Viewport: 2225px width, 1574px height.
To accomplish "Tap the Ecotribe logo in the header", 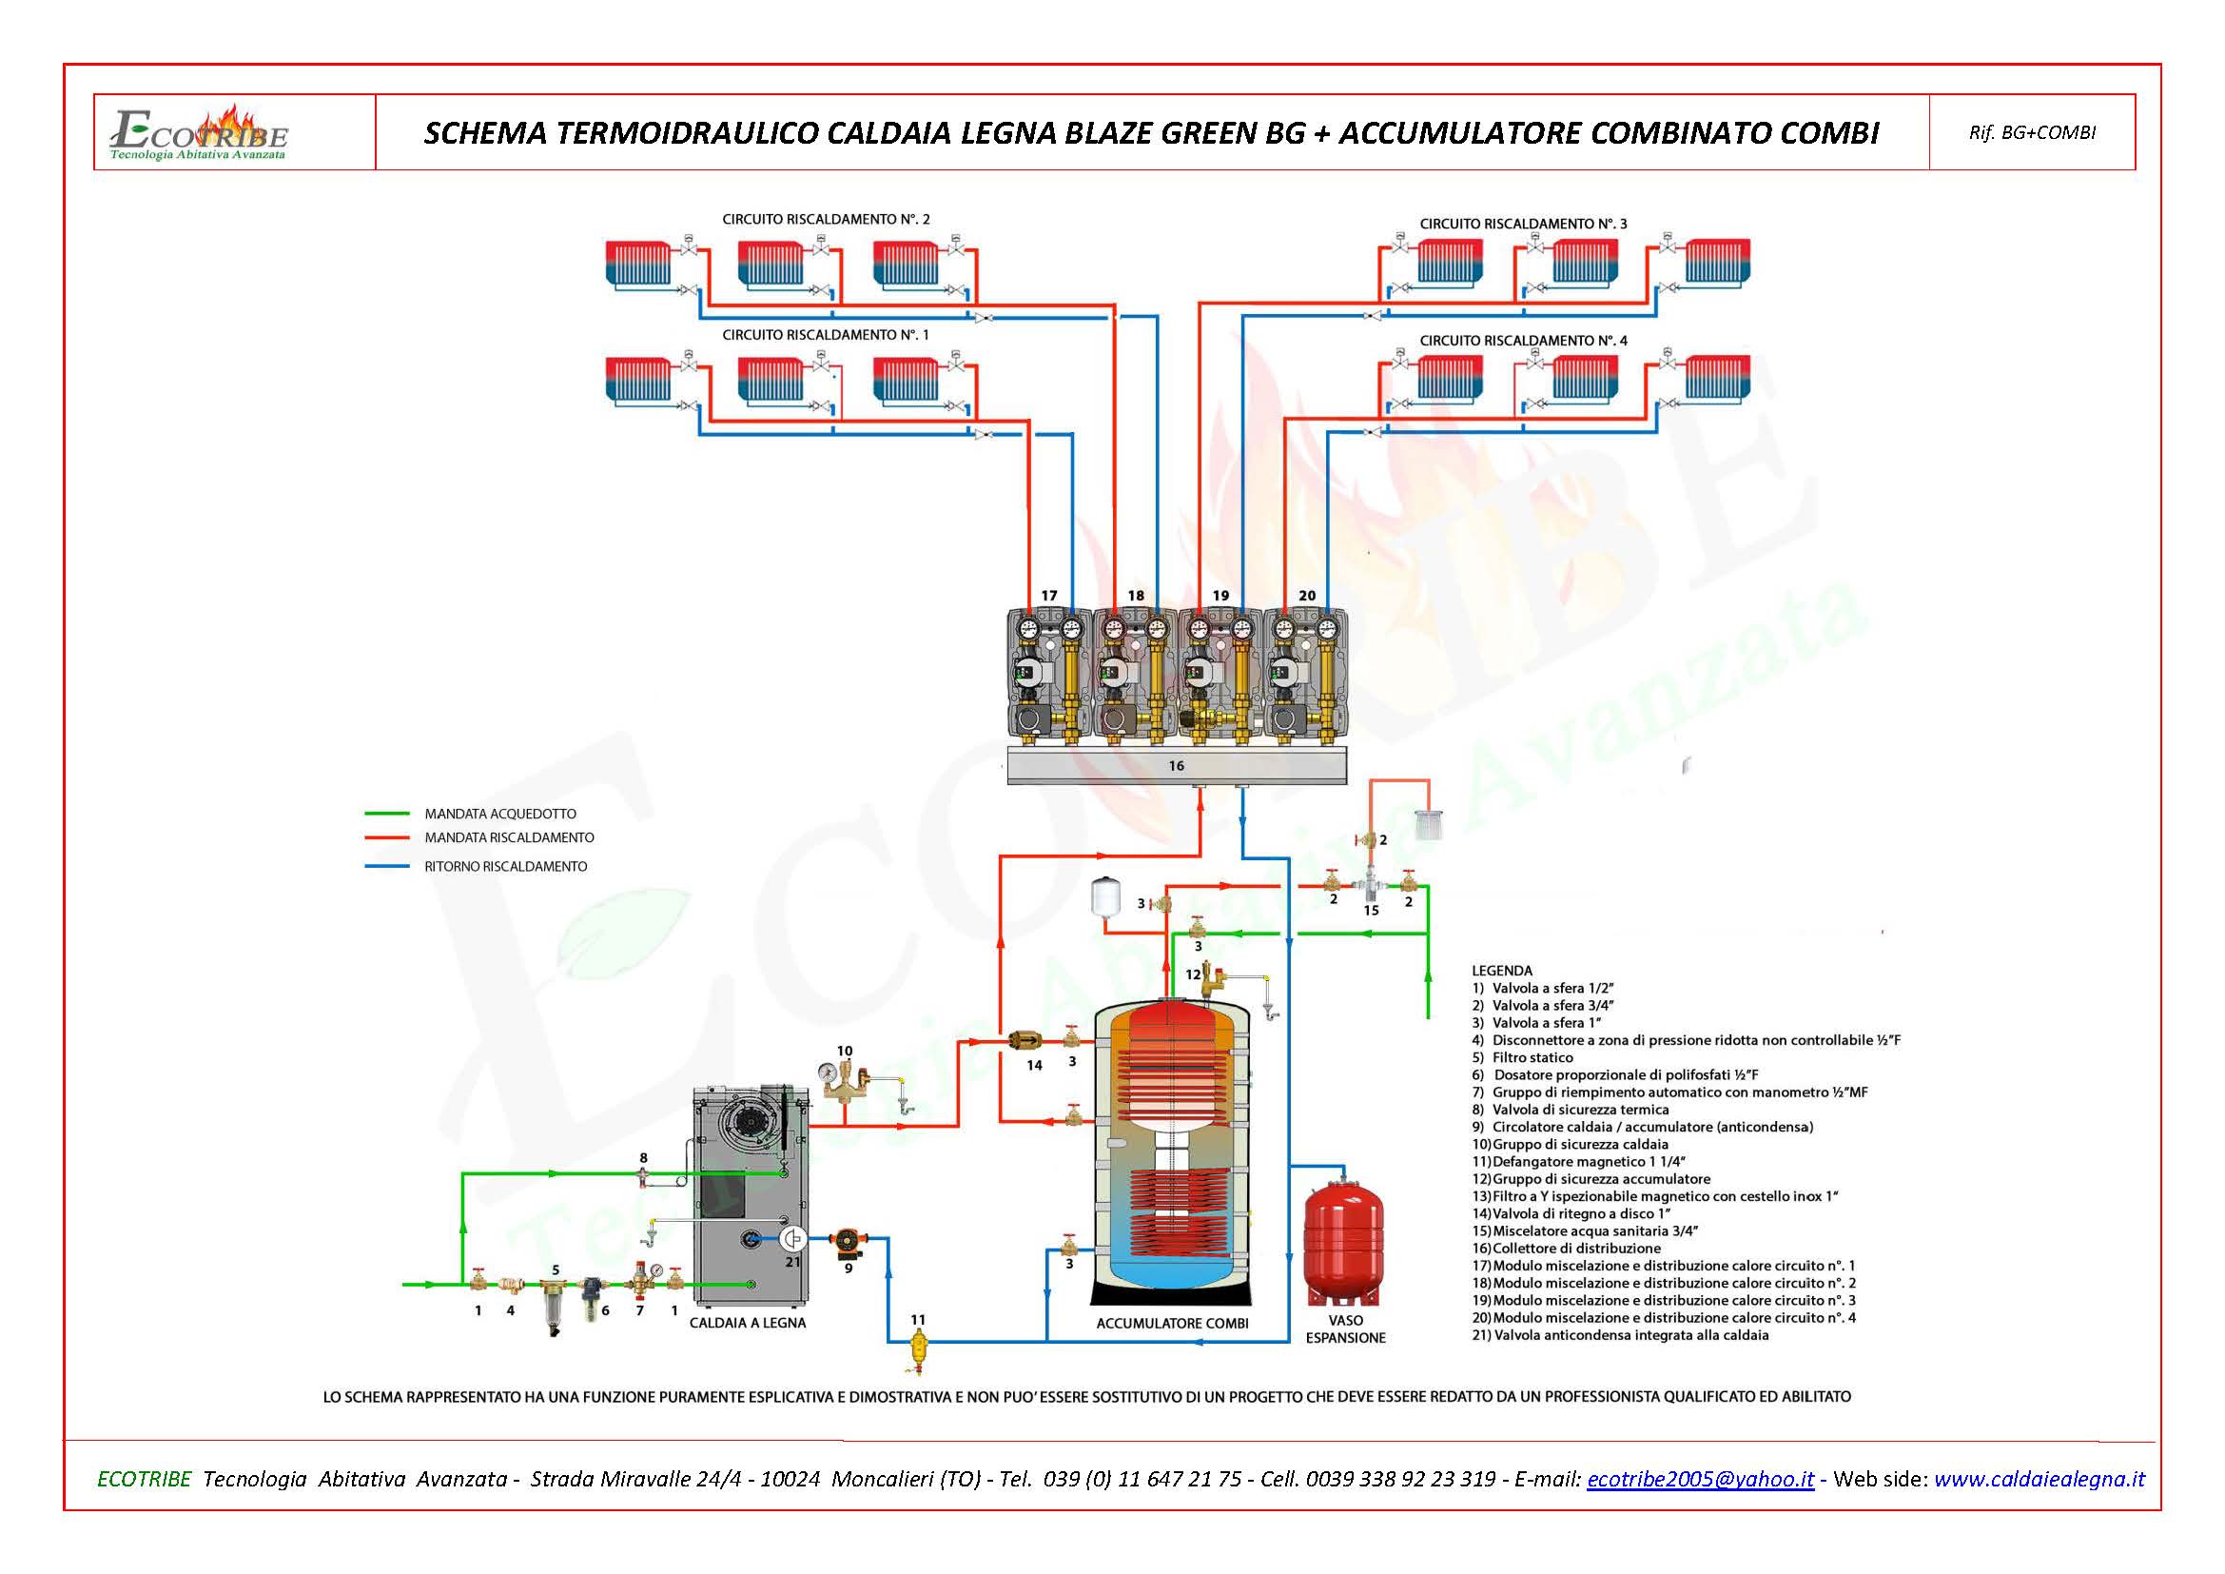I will coord(200,134).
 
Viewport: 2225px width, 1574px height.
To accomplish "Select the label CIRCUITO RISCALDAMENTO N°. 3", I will coord(1523,224).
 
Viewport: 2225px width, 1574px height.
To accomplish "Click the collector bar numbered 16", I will coord(1176,767).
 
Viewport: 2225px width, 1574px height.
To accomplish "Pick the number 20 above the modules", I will coord(1306,595).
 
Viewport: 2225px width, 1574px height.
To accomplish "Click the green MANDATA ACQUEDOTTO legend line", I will coord(386,815).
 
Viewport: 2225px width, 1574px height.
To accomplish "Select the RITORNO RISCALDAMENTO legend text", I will coord(505,867).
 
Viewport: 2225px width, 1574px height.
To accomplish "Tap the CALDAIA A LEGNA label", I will coord(747,1323).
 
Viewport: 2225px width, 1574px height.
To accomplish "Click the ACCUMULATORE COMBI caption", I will coord(1172,1324).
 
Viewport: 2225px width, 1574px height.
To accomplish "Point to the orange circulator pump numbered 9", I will coord(848,1243).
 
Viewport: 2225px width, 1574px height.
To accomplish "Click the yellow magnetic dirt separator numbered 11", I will coord(918,1345).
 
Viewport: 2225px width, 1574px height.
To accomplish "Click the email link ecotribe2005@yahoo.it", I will coord(1700,1479).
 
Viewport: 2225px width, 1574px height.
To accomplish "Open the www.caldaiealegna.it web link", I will coord(2039,1479).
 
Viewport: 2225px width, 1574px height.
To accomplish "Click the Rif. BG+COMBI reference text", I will coord(2032,133).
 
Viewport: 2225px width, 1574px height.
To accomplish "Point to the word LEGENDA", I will coord(1502,970).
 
